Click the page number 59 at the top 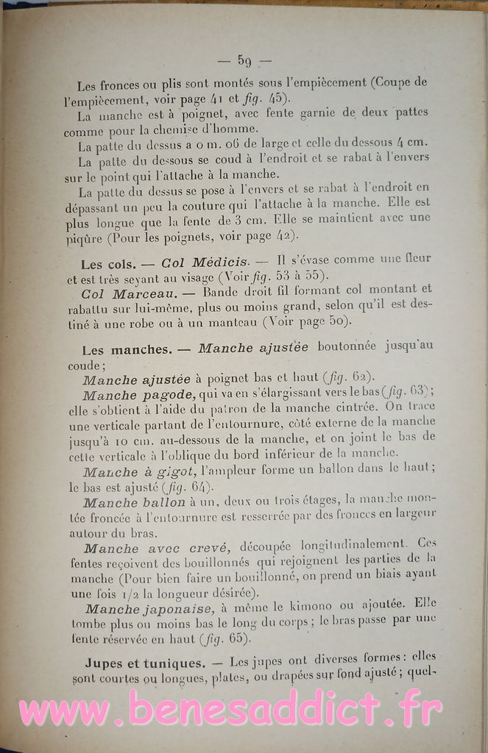(x=244, y=60)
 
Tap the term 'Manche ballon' (x=134, y=503)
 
